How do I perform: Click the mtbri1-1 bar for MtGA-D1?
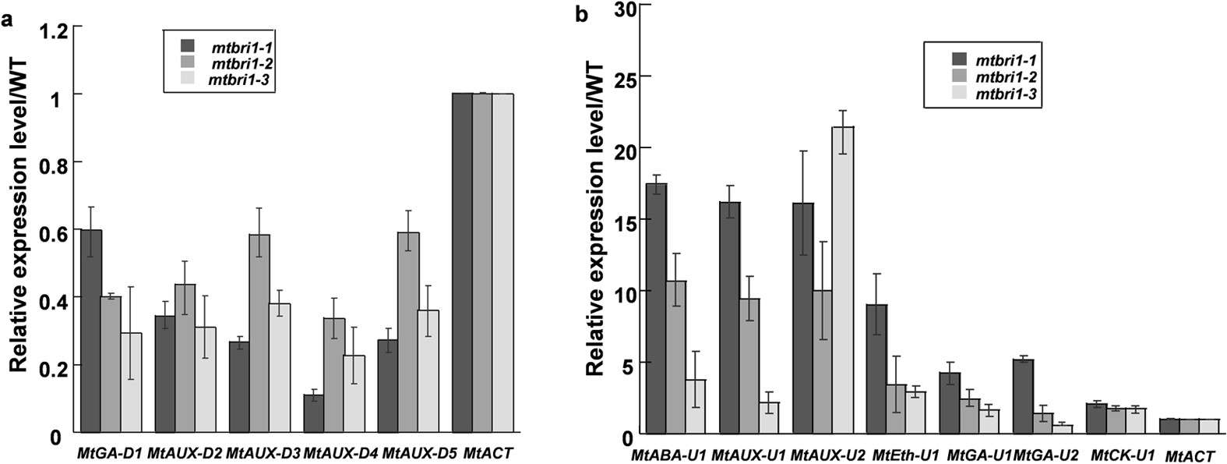[x=91, y=331]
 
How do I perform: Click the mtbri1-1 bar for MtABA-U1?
[x=656, y=308]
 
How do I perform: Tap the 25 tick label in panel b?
[x=620, y=76]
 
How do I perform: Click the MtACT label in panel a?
[x=488, y=452]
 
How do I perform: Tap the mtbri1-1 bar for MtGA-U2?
[x=1024, y=395]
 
